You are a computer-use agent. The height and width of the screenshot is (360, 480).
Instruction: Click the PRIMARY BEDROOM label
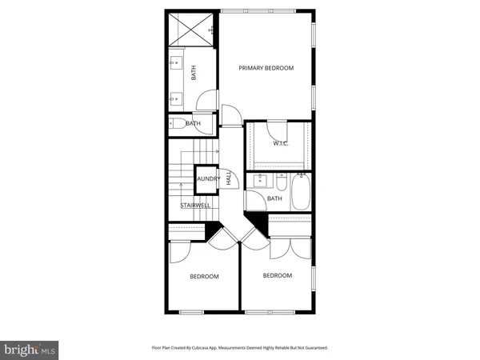(x=266, y=68)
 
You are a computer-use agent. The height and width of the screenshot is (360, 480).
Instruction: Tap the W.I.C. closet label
(x=280, y=144)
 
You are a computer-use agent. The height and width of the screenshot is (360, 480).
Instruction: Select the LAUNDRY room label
(x=208, y=179)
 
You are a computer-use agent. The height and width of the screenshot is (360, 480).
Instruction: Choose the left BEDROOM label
(x=204, y=277)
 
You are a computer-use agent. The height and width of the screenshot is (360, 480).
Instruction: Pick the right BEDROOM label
(x=278, y=275)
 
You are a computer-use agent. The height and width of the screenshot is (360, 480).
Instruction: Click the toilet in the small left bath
(x=176, y=124)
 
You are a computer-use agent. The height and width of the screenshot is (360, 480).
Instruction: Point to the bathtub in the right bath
(x=302, y=193)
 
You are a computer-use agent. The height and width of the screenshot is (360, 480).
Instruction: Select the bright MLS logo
(x=30, y=349)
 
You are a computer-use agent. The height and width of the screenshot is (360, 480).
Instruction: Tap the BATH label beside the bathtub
(x=274, y=198)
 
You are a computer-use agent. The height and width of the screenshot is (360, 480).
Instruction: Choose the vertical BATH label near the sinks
(x=194, y=72)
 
